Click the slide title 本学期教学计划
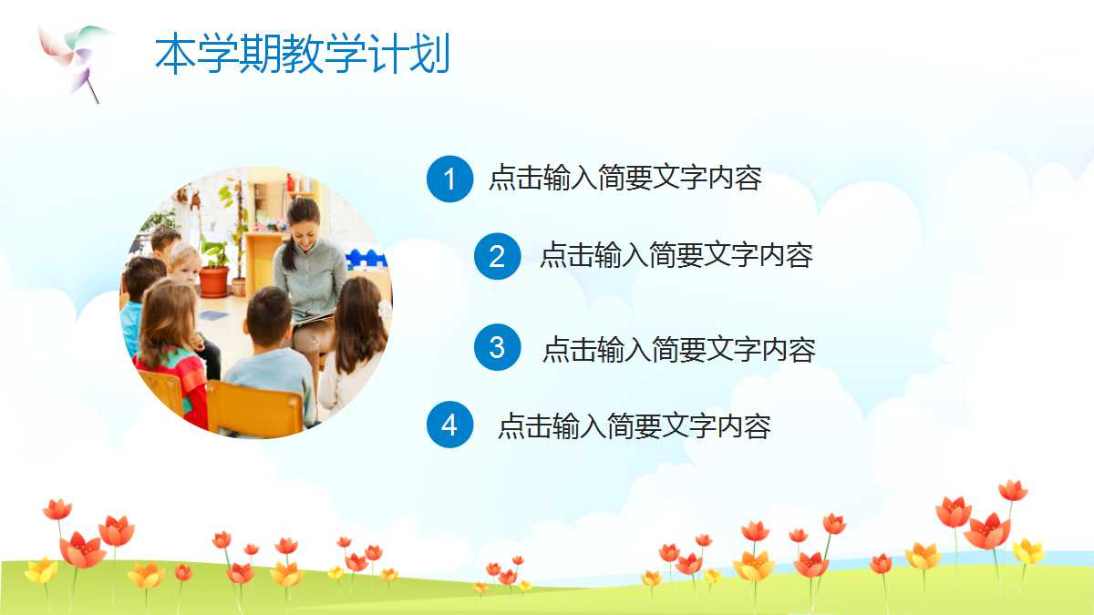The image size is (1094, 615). pos(303,54)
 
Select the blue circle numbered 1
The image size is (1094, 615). pos(449,179)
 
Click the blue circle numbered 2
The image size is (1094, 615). pos(497,256)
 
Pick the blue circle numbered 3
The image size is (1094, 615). pos(497,347)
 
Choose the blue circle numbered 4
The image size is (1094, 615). pos(449,425)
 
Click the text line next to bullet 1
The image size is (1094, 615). pos(625,177)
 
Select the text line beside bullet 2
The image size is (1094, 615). pos(676,255)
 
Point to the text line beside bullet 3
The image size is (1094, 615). pos(679,350)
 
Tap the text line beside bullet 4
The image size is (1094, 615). pos(635,425)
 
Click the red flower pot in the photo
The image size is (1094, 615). pos(214,282)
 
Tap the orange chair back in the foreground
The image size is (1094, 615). pos(254,408)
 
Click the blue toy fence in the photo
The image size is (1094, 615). pos(366,259)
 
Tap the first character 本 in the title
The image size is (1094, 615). pos(175,54)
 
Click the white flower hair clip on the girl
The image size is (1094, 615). pos(385,309)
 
